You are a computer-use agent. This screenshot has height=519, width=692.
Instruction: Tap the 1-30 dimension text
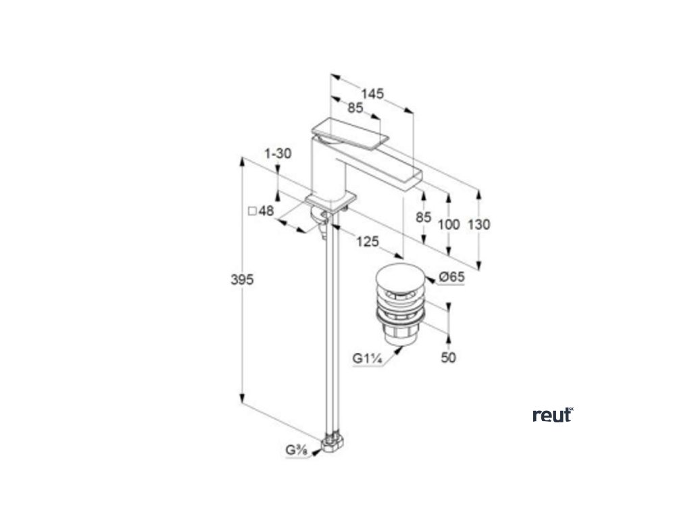278,154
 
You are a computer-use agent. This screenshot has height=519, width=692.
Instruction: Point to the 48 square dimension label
262,211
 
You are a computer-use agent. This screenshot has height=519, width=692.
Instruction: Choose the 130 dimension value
479,224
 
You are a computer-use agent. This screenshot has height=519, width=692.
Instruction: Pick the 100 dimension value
448,224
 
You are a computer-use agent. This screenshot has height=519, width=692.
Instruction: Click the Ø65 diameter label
451,276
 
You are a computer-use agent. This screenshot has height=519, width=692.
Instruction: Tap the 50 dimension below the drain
448,357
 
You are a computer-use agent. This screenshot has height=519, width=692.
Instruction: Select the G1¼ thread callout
368,359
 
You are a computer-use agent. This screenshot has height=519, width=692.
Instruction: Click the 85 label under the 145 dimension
355,108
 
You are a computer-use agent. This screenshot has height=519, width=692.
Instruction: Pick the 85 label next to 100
423,217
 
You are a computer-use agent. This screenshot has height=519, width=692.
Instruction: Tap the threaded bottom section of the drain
399,331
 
